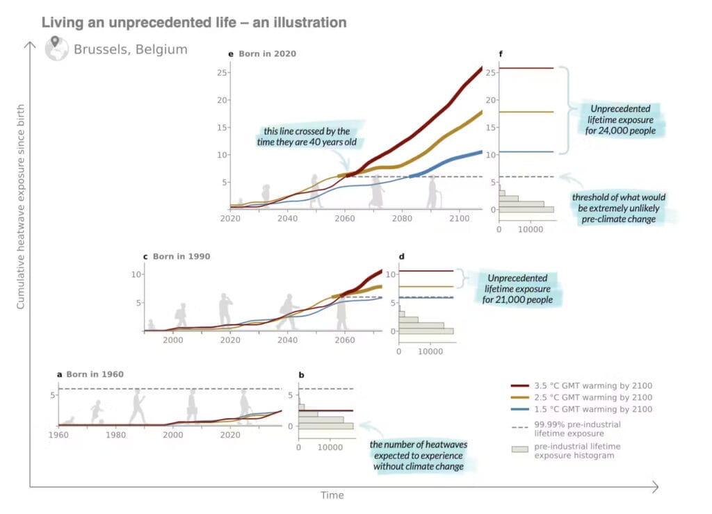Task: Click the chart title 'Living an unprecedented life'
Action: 194,23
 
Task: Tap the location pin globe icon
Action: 57,49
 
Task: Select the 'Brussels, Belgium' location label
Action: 130,49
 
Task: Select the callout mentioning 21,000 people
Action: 519,288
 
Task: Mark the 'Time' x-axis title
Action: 332,495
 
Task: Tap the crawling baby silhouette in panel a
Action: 69,420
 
